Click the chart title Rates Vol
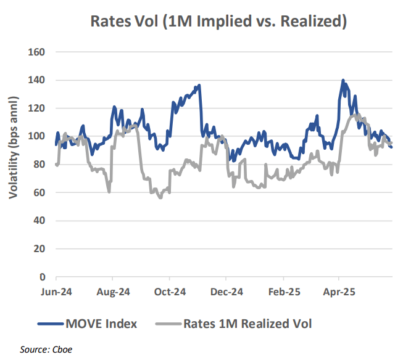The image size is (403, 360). (218, 21)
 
